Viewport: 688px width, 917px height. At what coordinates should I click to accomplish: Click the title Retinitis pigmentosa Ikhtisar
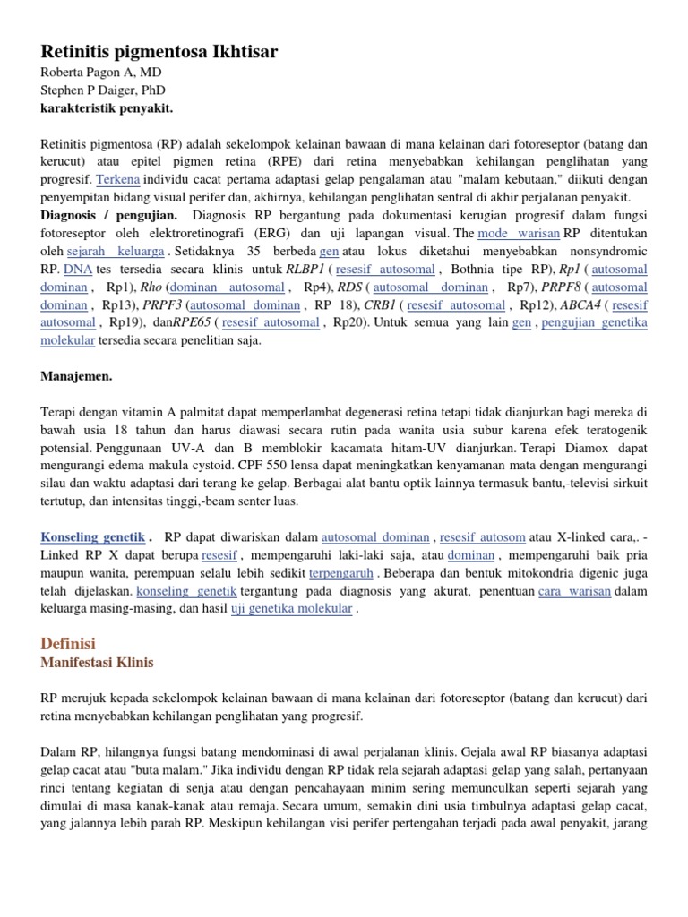click(x=159, y=52)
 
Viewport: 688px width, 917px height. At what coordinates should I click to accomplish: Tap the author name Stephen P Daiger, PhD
click(x=103, y=90)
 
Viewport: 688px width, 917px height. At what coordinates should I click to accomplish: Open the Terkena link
click(x=118, y=179)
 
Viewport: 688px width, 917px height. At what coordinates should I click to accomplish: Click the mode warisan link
click(x=519, y=233)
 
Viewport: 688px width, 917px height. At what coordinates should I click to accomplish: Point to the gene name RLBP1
click(x=306, y=269)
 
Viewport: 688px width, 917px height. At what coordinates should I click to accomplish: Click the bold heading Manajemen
click(x=76, y=376)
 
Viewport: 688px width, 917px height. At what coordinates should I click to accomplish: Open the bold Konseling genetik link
click(x=92, y=537)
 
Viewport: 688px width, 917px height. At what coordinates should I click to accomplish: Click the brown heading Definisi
click(x=68, y=644)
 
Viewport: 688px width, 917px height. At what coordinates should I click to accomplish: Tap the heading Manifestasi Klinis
click(x=97, y=663)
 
